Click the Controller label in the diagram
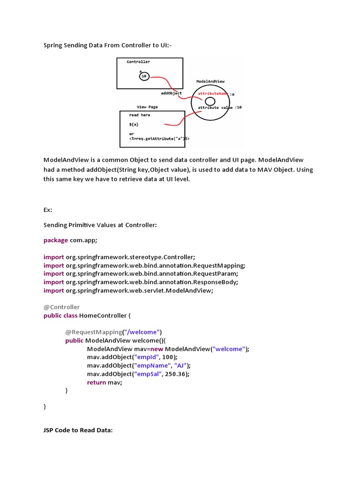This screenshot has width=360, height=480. [138, 62]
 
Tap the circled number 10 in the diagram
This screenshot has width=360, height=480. [144, 76]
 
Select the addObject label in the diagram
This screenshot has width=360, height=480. [171, 93]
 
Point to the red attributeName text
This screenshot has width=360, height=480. [213, 94]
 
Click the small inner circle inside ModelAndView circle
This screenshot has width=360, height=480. [210, 101]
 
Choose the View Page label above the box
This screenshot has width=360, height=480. [147, 107]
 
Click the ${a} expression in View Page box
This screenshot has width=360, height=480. [134, 125]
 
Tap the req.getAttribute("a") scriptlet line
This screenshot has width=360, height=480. [159, 139]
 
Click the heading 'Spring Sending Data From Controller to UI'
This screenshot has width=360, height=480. [111, 45]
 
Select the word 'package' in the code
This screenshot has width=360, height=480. [56, 240]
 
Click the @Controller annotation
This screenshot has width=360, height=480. [61, 307]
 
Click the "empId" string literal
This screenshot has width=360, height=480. [146, 357]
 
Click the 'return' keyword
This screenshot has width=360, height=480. [97, 382]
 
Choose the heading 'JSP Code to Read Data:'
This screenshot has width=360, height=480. [78, 430]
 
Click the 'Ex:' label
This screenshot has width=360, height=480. [48, 210]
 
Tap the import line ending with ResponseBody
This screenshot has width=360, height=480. [141, 282]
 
